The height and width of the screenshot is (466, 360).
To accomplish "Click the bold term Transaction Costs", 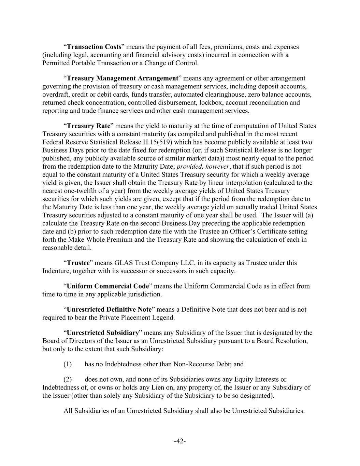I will coord(94,47).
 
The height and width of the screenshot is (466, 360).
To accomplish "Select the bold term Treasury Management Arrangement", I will coord(123,78).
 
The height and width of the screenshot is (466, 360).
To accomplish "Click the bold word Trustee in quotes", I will coord(78,263).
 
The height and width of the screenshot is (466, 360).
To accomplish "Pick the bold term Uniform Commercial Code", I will coord(108,286).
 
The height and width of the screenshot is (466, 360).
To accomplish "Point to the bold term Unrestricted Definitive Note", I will coord(109,309).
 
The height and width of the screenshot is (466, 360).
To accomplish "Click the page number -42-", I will coord(180,441).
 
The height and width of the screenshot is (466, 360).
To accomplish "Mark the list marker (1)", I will coord(68,364).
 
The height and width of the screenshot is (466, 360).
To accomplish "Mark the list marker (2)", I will coord(68,379).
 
